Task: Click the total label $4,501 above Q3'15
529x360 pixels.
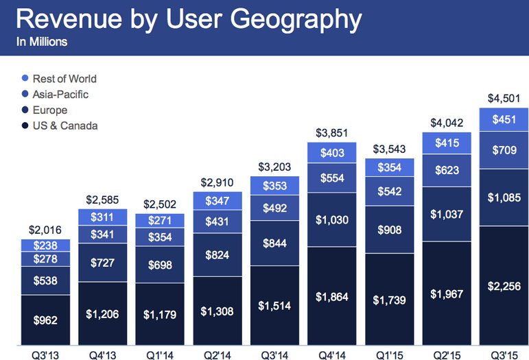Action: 504,98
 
